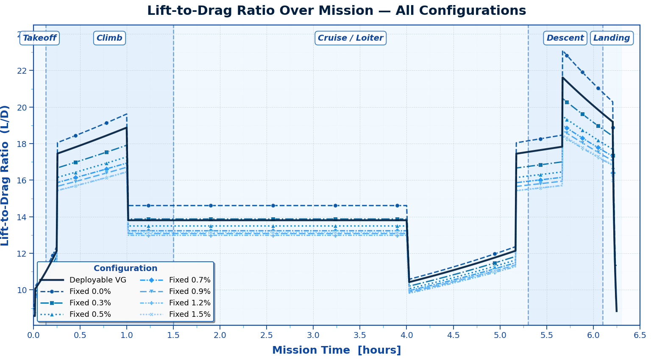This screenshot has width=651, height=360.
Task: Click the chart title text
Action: click(336, 11)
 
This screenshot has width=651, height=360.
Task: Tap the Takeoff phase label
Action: click(39, 38)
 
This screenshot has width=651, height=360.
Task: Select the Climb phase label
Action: click(109, 38)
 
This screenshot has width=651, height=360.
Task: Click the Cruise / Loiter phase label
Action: click(350, 38)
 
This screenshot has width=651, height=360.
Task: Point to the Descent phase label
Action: click(565, 38)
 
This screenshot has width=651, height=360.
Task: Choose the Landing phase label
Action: click(611, 38)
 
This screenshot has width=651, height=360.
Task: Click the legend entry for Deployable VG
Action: click(97, 280)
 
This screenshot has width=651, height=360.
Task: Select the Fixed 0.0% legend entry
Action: click(90, 291)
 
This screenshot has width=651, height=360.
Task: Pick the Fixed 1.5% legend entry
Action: click(189, 314)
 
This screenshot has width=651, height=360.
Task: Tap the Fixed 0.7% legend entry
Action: click(189, 280)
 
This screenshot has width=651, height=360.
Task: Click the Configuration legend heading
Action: click(125, 269)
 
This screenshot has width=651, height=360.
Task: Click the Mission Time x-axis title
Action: click(336, 350)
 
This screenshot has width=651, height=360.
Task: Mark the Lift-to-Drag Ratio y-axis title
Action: click(6, 175)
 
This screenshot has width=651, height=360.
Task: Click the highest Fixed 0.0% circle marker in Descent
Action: click(567, 55)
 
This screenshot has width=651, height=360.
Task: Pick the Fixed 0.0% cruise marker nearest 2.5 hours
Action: click(273, 205)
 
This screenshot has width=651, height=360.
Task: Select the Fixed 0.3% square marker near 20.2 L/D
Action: click(567, 102)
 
